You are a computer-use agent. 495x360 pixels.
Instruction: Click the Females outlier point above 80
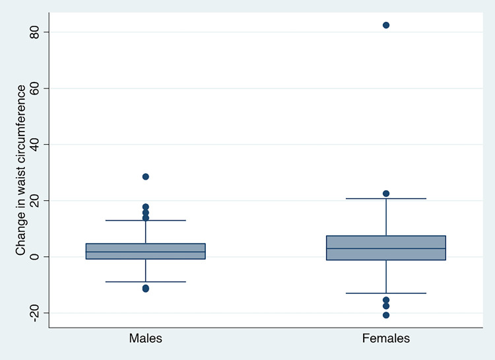386,25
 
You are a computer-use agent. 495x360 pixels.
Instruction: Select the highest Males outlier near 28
145,176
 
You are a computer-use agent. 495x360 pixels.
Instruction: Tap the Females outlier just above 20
386,194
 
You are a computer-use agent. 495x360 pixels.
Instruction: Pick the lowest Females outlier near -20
386,315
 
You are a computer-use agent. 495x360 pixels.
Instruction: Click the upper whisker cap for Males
145,220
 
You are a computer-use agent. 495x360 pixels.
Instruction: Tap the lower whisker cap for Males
145,281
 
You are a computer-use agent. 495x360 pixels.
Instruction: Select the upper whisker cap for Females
386,198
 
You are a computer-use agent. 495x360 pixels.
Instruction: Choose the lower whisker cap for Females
386,293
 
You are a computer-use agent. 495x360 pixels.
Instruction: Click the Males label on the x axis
145,339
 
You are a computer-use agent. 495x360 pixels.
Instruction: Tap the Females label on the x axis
386,339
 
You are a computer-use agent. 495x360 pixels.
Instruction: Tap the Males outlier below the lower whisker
145,289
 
